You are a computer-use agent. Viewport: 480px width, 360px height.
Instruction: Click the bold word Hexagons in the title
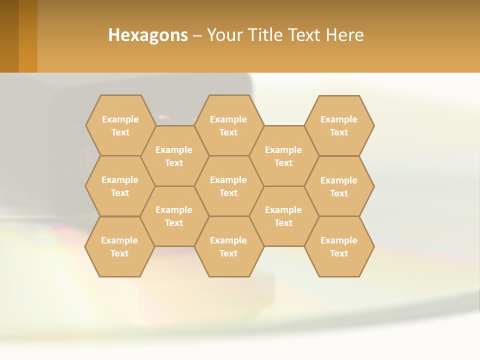click(x=148, y=35)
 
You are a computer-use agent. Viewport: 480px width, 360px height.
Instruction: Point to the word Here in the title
click(x=344, y=35)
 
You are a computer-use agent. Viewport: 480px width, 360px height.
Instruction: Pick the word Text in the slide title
click(x=305, y=35)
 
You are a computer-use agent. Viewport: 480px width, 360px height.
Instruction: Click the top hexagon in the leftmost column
click(x=120, y=125)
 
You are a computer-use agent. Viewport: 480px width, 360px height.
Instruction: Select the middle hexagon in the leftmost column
click(x=120, y=186)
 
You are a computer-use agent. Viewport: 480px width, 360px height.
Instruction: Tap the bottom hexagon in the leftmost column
click(x=119, y=246)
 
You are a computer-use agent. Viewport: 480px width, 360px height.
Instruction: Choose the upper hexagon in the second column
click(x=174, y=156)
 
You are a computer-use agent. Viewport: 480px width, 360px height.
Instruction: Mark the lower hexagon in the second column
click(x=174, y=216)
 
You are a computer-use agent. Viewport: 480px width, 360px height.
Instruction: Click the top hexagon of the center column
click(x=228, y=125)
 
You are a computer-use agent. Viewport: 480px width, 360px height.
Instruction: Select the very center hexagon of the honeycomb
click(x=228, y=186)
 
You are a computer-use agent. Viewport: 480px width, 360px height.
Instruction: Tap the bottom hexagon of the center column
click(x=228, y=246)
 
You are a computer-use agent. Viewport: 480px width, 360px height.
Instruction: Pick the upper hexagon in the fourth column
click(x=283, y=156)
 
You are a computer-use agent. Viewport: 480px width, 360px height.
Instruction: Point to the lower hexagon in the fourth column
click(x=283, y=216)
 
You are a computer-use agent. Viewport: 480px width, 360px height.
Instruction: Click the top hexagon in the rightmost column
click(x=339, y=125)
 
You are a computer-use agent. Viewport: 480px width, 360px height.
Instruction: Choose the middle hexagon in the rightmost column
click(x=339, y=186)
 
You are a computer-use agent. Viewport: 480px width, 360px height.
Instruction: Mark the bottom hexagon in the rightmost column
click(x=339, y=246)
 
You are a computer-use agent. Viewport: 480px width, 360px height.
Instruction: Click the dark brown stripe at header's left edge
click(x=9, y=36)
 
